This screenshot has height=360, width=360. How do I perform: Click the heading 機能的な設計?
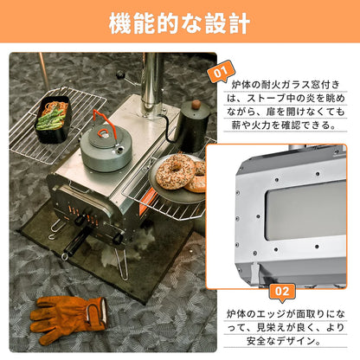point(179,23)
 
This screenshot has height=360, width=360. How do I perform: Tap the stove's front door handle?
point(86,222)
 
